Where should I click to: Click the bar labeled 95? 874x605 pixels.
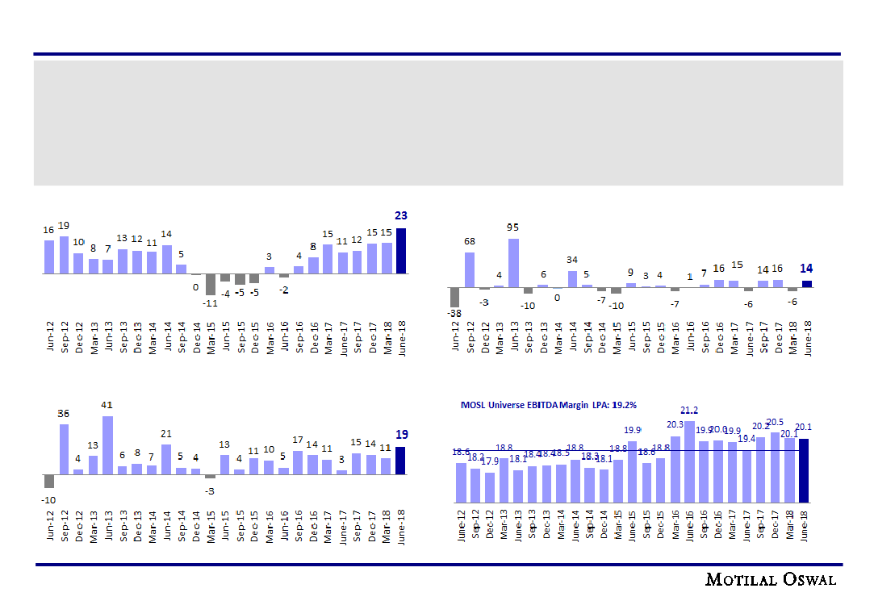pos(513,262)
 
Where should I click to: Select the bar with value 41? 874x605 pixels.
pos(107,444)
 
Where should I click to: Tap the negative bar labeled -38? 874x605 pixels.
pos(454,297)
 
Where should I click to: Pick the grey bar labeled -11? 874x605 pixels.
pos(211,284)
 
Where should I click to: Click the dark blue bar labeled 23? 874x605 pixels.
pos(401,251)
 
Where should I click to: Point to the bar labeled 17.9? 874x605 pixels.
pos(489,486)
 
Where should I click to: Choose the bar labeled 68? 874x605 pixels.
pos(470,269)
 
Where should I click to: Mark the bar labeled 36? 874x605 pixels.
pos(64,449)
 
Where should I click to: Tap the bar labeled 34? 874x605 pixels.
pos(572,278)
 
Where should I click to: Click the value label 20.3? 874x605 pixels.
pos(675,424)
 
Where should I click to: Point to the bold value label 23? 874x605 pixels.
pos(401,215)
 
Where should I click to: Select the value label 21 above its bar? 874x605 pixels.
pos(166,434)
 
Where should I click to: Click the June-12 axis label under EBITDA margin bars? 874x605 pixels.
pos(462,524)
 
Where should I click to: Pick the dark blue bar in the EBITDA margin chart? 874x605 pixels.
pos(804,469)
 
